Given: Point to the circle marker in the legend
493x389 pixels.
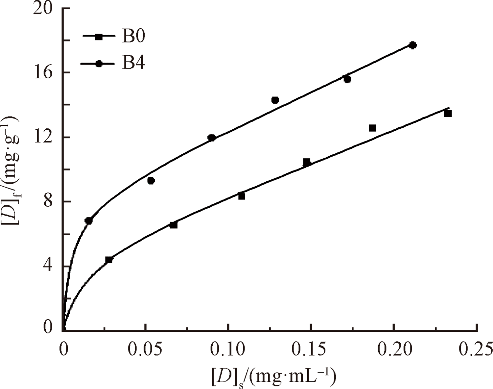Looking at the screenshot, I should [99, 64].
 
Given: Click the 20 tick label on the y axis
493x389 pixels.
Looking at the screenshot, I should [43, 9].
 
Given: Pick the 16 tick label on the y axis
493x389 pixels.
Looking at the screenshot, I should [43, 73].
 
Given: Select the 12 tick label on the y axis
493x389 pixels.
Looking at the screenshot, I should [43, 137].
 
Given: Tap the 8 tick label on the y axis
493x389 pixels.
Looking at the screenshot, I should [48, 201].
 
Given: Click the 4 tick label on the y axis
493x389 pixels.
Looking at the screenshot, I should [48, 266].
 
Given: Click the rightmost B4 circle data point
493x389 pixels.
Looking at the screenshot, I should [413, 45].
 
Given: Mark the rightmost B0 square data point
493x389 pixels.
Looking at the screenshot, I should [448, 114].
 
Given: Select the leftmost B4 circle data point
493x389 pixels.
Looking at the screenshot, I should [88, 221].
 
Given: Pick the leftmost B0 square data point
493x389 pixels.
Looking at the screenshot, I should [109, 260].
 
